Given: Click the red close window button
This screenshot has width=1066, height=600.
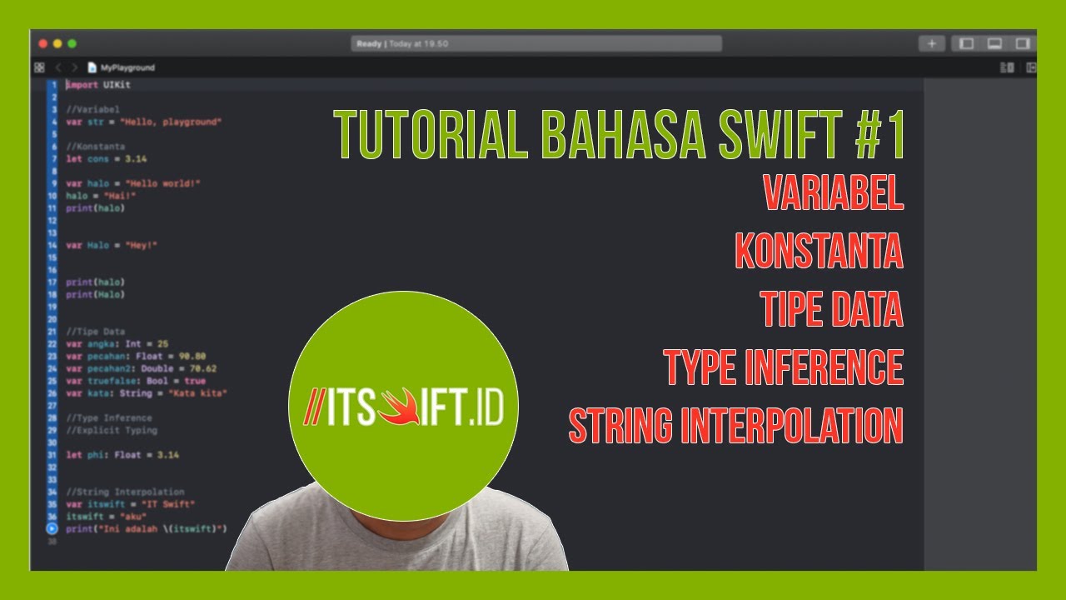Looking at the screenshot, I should (43, 43).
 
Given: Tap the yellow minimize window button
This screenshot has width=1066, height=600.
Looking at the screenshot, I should (57, 43).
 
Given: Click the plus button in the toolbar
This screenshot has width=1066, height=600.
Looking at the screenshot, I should (931, 43).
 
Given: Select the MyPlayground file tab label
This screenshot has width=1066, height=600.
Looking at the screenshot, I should (127, 67).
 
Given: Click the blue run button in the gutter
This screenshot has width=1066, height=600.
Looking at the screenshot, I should (52, 528).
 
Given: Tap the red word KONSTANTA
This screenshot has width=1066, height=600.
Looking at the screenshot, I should (819, 251).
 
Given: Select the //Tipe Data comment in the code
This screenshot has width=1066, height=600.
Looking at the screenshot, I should (95, 332).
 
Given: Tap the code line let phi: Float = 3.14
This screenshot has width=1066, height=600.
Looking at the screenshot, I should (122, 455).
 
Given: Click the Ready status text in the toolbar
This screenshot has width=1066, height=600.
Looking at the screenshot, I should (368, 44).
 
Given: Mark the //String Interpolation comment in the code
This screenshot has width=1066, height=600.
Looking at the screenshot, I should (125, 492).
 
